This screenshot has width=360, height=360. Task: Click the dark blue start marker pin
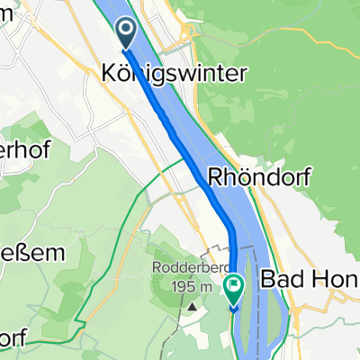pyautogui.click(x=125, y=34)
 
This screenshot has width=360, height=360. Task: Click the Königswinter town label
pyautogui.click(x=170, y=76)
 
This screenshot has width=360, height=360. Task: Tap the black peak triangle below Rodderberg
pyautogui.click(x=193, y=307)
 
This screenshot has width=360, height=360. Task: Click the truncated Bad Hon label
pyautogui.click(x=310, y=281)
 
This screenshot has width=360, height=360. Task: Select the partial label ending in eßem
pyautogui.click(x=32, y=253)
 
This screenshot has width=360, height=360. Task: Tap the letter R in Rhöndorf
pyautogui.click(x=217, y=177)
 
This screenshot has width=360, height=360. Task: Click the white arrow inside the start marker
pyautogui.click(x=125, y=31)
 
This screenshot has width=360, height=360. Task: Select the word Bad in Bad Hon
pyautogui.click(x=279, y=281)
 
